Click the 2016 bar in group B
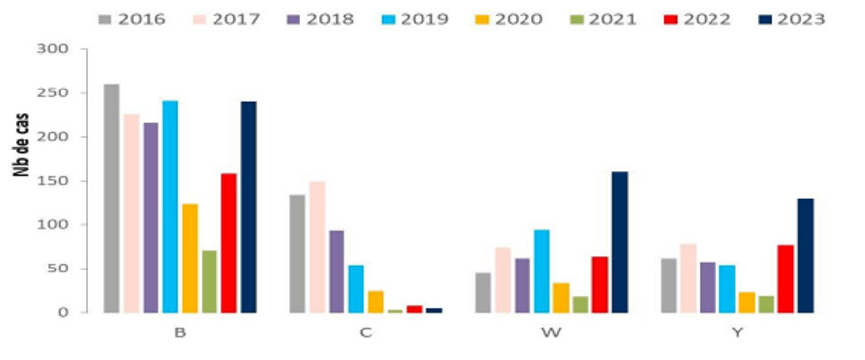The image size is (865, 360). pyautogui.click(x=112, y=198)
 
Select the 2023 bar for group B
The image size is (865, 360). pyautogui.click(x=248, y=207)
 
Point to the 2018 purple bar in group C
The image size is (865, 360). pyautogui.click(x=337, y=271)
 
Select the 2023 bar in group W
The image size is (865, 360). pyautogui.click(x=619, y=242)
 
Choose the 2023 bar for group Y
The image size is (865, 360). pyautogui.click(x=805, y=256)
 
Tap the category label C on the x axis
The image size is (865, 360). pyautogui.click(x=365, y=332)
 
